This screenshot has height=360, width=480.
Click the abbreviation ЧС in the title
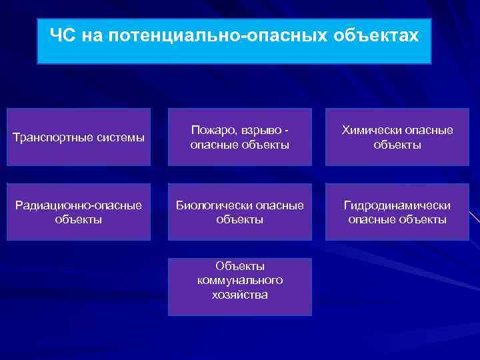click(63, 35)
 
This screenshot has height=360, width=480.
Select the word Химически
click(373, 130)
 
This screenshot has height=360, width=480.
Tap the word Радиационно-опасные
click(79, 205)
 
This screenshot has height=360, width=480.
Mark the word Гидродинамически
click(397, 205)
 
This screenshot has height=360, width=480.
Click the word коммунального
click(240, 280)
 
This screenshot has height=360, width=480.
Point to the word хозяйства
click(240, 294)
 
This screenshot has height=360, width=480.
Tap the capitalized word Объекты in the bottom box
click(240, 266)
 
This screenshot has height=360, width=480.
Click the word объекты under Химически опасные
click(397, 145)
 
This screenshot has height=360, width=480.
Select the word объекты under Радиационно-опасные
click(79, 219)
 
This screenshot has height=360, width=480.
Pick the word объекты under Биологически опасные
click(240, 219)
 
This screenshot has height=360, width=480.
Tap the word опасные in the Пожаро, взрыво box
click(212, 145)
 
